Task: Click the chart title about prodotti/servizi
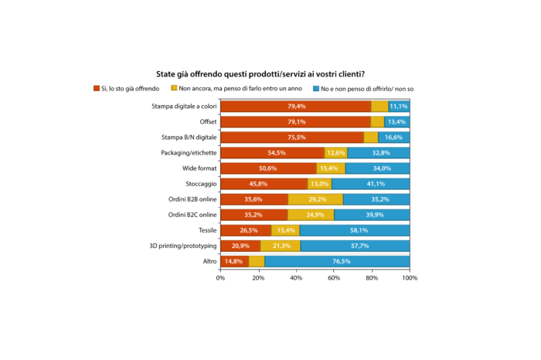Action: (270, 74)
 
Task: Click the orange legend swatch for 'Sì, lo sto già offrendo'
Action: (97, 89)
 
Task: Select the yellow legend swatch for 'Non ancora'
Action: (174, 89)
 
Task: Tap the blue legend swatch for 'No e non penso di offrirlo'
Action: (316, 89)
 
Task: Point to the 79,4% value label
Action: (298, 106)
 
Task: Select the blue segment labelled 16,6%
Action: (394, 137)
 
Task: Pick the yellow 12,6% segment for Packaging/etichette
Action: (335, 153)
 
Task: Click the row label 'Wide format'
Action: (199, 168)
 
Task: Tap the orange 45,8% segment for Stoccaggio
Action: (264, 184)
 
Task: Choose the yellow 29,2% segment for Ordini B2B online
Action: (315, 199)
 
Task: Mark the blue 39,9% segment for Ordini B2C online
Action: (372, 215)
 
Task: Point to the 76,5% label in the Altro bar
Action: (337, 262)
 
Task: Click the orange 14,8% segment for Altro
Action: (234, 262)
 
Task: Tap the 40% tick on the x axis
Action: (296, 277)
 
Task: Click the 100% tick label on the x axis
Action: (410, 277)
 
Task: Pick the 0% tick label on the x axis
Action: (220, 277)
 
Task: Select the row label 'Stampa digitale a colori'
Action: (184, 106)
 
